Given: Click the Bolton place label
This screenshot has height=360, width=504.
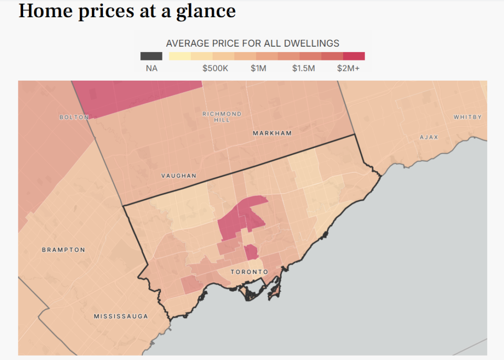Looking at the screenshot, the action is point(74,117).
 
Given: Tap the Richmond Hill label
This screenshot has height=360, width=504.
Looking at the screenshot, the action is point(222,117).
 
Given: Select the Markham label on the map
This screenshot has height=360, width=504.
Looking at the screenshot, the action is point(272,133).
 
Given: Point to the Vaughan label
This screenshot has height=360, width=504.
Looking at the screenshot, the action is point(179,176).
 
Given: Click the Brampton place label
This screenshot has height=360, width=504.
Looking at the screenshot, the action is point(63,250).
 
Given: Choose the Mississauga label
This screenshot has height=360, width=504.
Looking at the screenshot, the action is point(121,316).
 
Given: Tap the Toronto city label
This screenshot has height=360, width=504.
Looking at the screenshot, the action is point(250,272).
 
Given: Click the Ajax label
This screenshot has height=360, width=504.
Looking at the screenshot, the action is point(429,137).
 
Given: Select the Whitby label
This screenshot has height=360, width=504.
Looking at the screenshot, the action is point(468,117).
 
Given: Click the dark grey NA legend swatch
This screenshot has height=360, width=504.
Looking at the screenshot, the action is point(152,56).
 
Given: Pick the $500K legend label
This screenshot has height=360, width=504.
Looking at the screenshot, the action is point(215,68).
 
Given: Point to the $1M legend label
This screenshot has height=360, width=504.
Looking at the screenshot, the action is point(258,68).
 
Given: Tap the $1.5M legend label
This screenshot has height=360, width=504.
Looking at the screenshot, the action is point(303,68).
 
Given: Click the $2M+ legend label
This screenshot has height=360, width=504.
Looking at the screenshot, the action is point(348,68).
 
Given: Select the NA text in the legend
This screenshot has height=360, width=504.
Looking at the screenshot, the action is point(152,68).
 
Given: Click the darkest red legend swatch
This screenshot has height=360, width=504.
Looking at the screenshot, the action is point(354,56).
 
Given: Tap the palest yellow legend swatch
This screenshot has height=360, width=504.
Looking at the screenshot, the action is point(180,56).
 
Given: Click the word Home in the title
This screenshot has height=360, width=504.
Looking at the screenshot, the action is point(46,11).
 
